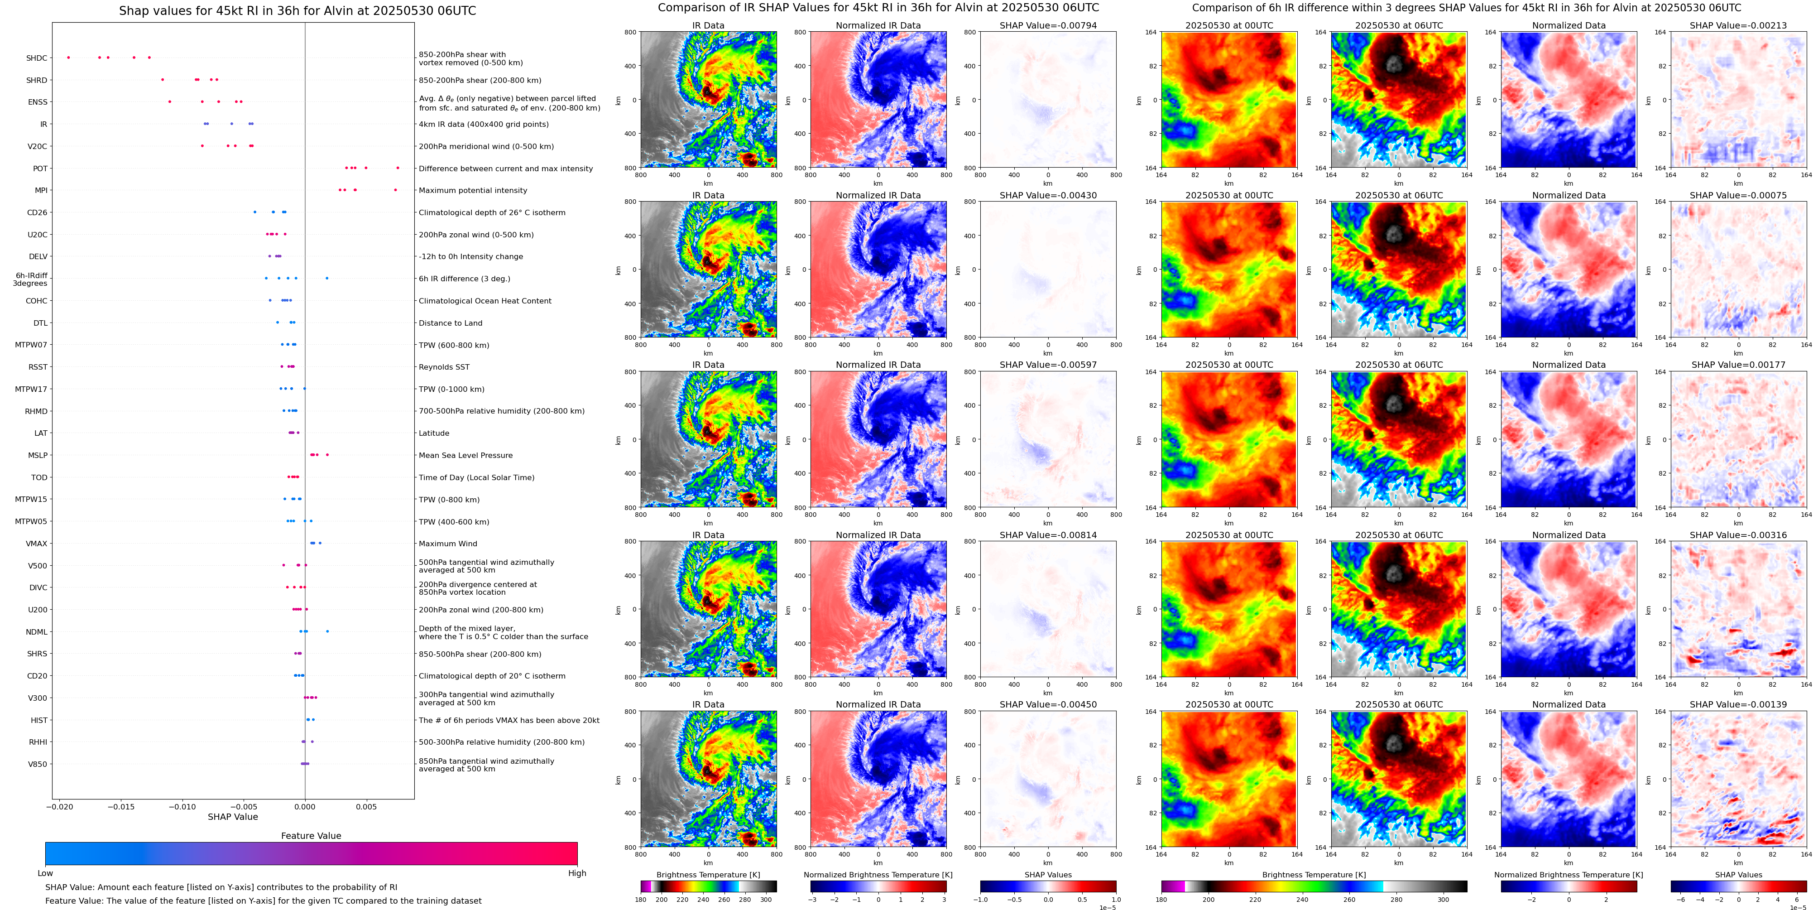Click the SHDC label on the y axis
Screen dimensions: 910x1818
point(37,58)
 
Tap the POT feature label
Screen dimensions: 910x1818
point(40,169)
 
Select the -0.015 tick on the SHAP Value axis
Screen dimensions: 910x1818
point(121,807)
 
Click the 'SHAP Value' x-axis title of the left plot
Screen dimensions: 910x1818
point(232,817)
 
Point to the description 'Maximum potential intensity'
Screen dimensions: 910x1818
point(473,191)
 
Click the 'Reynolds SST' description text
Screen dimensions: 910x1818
point(444,367)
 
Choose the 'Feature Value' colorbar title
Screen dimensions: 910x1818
point(311,836)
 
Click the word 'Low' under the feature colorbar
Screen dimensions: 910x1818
point(45,873)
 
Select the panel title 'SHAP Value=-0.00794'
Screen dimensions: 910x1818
point(1048,25)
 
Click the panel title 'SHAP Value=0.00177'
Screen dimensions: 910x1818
point(1738,365)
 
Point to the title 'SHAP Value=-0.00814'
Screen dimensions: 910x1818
point(1048,535)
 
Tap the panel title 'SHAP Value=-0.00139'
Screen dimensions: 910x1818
point(1738,704)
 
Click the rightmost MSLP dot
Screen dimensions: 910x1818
point(327,455)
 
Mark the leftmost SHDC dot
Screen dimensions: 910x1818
point(68,57)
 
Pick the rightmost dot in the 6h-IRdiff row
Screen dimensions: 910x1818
point(327,278)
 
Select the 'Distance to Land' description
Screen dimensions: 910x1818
point(450,323)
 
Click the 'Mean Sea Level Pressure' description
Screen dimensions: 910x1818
point(466,455)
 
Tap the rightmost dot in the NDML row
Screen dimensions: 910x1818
point(327,631)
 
